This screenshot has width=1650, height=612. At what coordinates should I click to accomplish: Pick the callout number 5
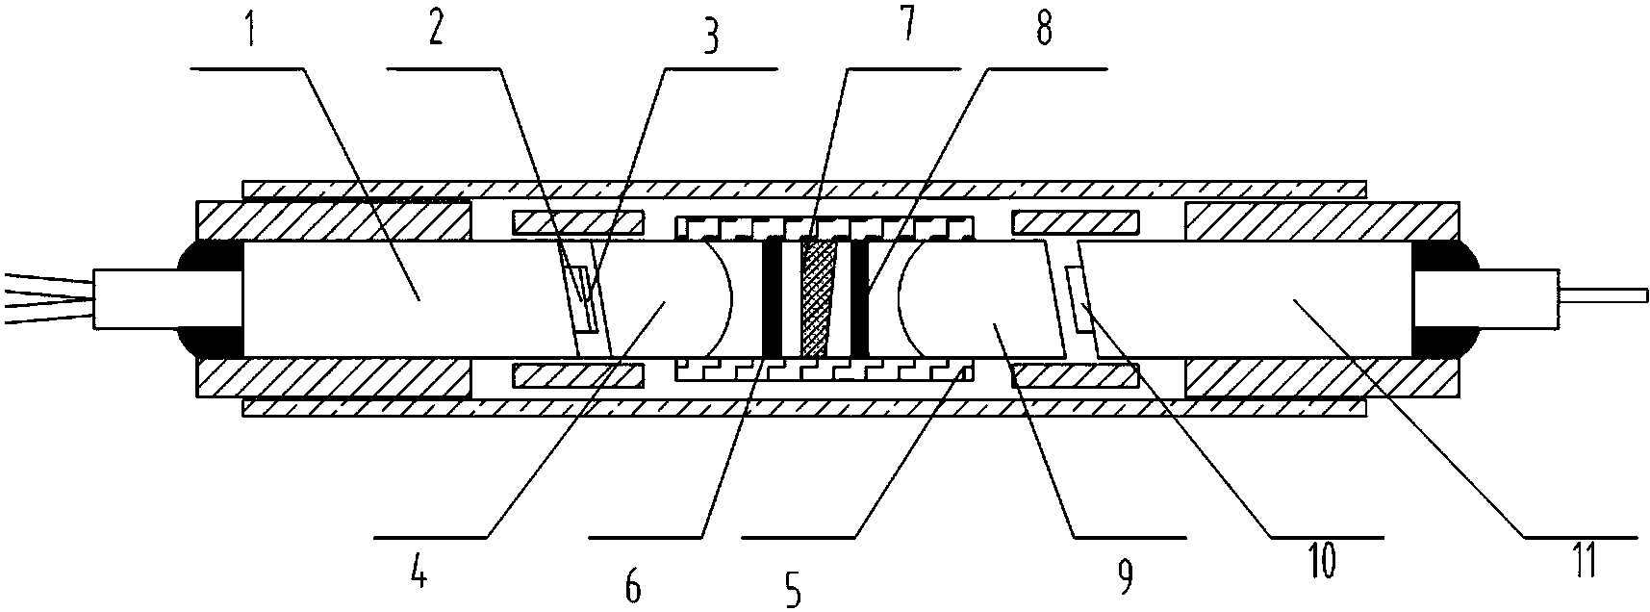[792, 588]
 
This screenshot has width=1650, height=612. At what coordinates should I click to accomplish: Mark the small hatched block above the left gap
[577, 223]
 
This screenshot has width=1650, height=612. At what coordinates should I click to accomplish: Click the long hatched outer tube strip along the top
[804, 188]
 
